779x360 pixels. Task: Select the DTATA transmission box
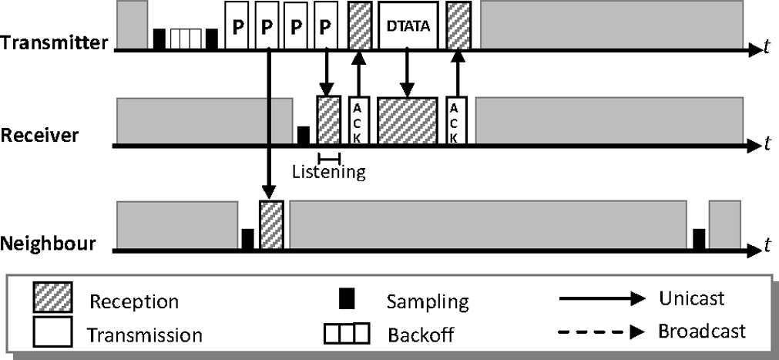point(408,26)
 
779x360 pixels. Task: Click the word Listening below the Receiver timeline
point(328,171)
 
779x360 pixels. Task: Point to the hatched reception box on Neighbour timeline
point(271,224)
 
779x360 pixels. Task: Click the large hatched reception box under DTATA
point(408,120)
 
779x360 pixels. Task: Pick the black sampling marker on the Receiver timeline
point(304,135)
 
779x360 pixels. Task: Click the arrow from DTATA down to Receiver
point(408,73)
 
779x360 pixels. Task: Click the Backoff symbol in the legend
point(347,333)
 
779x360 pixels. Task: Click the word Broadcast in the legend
point(701,331)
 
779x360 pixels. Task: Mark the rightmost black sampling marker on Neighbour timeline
point(699,239)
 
